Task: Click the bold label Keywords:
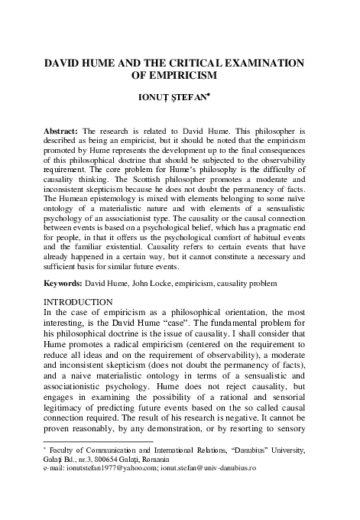coord(63,283)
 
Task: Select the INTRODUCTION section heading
coord(82,302)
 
